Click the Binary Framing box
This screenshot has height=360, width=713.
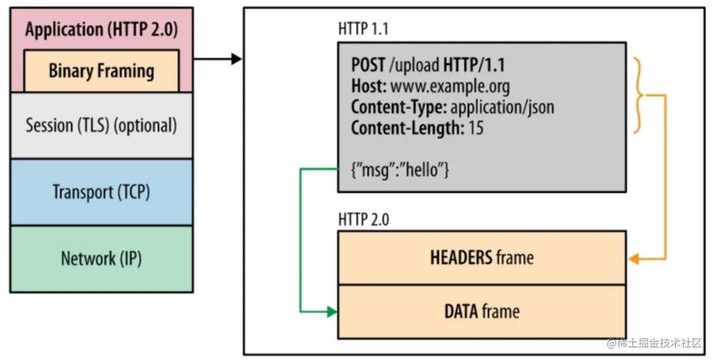coord(102,71)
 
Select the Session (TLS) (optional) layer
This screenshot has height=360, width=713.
coord(102,125)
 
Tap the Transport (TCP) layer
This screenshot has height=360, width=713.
coord(102,192)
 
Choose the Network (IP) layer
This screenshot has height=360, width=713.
coord(102,259)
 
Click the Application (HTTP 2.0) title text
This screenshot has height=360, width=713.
coord(102,29)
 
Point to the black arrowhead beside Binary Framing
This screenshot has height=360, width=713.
coord(236,59)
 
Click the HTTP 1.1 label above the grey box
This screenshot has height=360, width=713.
coord(363,29)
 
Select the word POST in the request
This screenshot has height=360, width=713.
coord(368,65)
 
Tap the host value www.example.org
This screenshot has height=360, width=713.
coord(450,86)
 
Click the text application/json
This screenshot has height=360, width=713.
coord(503,108)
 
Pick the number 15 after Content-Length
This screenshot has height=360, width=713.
coord(476,128)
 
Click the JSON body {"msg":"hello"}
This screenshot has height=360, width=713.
coord(400,170)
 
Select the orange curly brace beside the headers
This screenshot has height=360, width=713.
coord(638,96)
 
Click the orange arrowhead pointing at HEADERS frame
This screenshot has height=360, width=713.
coord(634,258)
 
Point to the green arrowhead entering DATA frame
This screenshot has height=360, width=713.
coord(332,312)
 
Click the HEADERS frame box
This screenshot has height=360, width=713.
coord(482,257)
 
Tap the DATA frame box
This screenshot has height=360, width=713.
coord(482,312)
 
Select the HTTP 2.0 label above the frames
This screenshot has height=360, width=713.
coord(364,220)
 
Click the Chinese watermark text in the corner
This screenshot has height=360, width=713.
coord(654,343)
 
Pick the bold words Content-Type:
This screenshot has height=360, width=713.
coord(399,108)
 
